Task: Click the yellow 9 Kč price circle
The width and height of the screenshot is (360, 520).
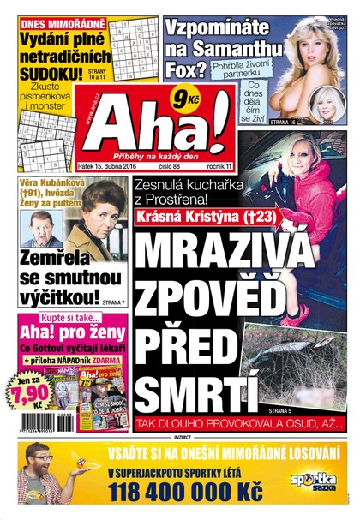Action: tap(182, 98)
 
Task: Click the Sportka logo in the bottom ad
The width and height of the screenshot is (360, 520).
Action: tap(314, 481)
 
